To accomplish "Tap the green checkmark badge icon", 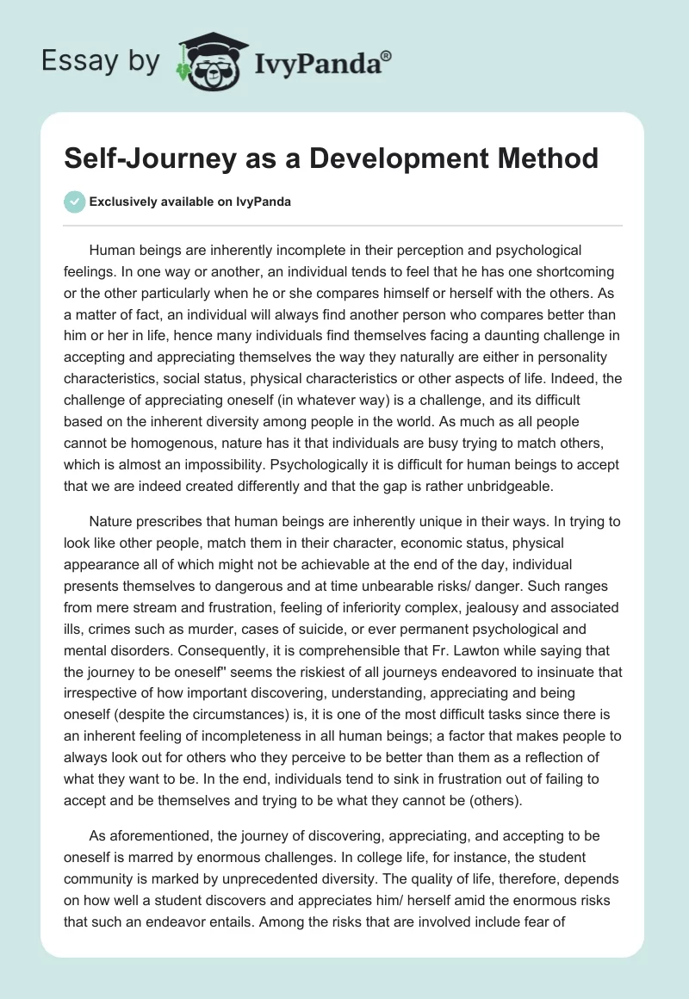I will coord(75,202).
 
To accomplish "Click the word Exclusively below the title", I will coord(121,202).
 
